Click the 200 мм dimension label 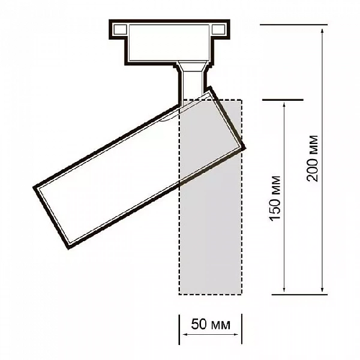pos(313,158)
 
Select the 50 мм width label pos(211,325)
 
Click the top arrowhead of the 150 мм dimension pos(284,106)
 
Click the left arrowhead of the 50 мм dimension pos(185,335)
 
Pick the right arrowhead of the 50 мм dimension pos(236,335)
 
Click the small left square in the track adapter pos(120,29)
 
